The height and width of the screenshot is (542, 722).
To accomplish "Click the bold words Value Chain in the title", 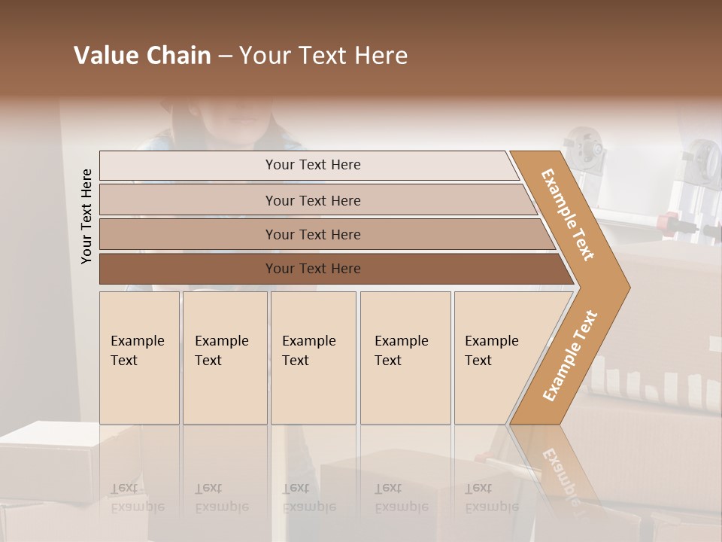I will [142, 56].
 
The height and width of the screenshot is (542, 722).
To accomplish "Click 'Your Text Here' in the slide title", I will [323, 56].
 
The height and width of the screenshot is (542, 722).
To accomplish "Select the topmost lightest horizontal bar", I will [188, 166].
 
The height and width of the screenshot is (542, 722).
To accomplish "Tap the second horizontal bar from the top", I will [188, 200].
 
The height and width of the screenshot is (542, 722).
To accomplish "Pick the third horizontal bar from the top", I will [188, 234].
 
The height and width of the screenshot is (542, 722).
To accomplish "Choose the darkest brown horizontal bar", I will [188, 269].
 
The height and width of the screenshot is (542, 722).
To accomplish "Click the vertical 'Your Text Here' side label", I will [86, 216].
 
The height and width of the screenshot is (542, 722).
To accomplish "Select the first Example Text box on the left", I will [139, 358].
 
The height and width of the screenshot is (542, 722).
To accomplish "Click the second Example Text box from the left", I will [225, 358].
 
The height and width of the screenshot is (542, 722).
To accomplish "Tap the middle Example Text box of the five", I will [313, 358].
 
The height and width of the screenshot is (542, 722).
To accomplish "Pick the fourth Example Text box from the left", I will [405, 358].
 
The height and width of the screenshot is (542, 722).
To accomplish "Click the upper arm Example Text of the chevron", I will [568, 215].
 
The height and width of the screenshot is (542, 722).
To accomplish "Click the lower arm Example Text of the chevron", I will [569, 356].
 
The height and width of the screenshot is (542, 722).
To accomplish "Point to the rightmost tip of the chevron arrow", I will [628, 288].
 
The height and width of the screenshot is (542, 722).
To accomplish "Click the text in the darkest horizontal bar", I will [313, 269].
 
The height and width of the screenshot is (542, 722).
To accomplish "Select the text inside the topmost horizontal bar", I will [313, 165].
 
